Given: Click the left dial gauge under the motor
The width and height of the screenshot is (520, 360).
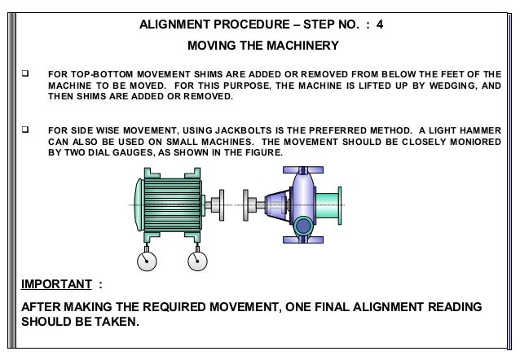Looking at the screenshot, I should click(x=145, y=260).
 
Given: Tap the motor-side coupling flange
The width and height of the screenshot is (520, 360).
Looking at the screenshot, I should click(x=216, y=205).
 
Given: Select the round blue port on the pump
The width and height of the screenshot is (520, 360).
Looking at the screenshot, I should click(x=302, y=226).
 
